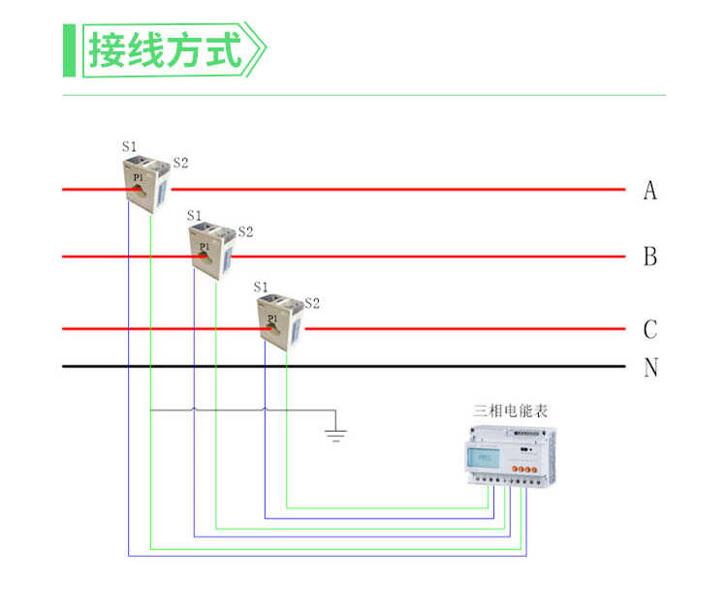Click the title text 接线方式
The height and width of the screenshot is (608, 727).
[x=165, y=49]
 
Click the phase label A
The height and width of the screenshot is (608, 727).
[x=649, y=191]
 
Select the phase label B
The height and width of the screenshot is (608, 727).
[x=649, y=258]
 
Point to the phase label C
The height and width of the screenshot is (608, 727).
[x=649, y=329]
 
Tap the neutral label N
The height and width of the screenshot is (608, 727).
[x=650, y=368]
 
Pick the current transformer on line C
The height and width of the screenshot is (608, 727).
[x=280, y=321]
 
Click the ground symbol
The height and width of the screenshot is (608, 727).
[x=335, y=429]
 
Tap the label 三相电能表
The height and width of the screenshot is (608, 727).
[x=510, y=410]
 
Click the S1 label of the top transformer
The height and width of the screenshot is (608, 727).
[x=129, y=146]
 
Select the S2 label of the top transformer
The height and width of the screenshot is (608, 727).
[x=180, y=163]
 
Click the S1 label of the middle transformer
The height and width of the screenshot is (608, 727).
[x=194, y=215]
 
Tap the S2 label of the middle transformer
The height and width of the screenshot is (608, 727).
[x=245, y=231]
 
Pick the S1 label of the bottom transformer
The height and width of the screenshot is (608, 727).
[x=260, y=287]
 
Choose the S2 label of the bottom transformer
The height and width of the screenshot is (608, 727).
[x=312, y=303]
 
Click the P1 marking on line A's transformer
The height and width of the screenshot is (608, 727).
[x=138, y=178]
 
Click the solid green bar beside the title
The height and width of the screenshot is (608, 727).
[x=69, y=49]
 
